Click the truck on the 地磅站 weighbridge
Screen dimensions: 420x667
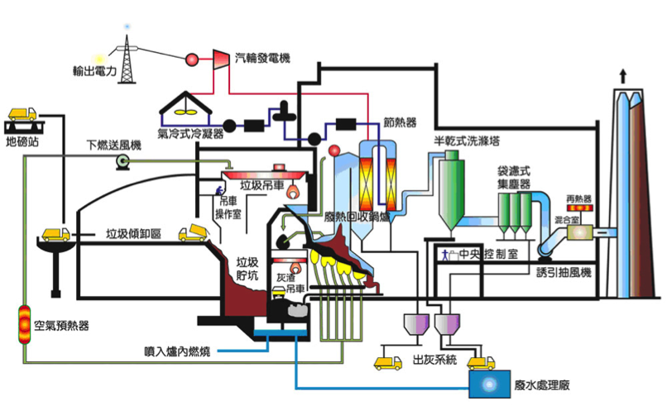[x=23, y=114]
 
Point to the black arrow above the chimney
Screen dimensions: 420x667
[x=620, y=76]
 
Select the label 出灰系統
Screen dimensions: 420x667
[x=434, y=360]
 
